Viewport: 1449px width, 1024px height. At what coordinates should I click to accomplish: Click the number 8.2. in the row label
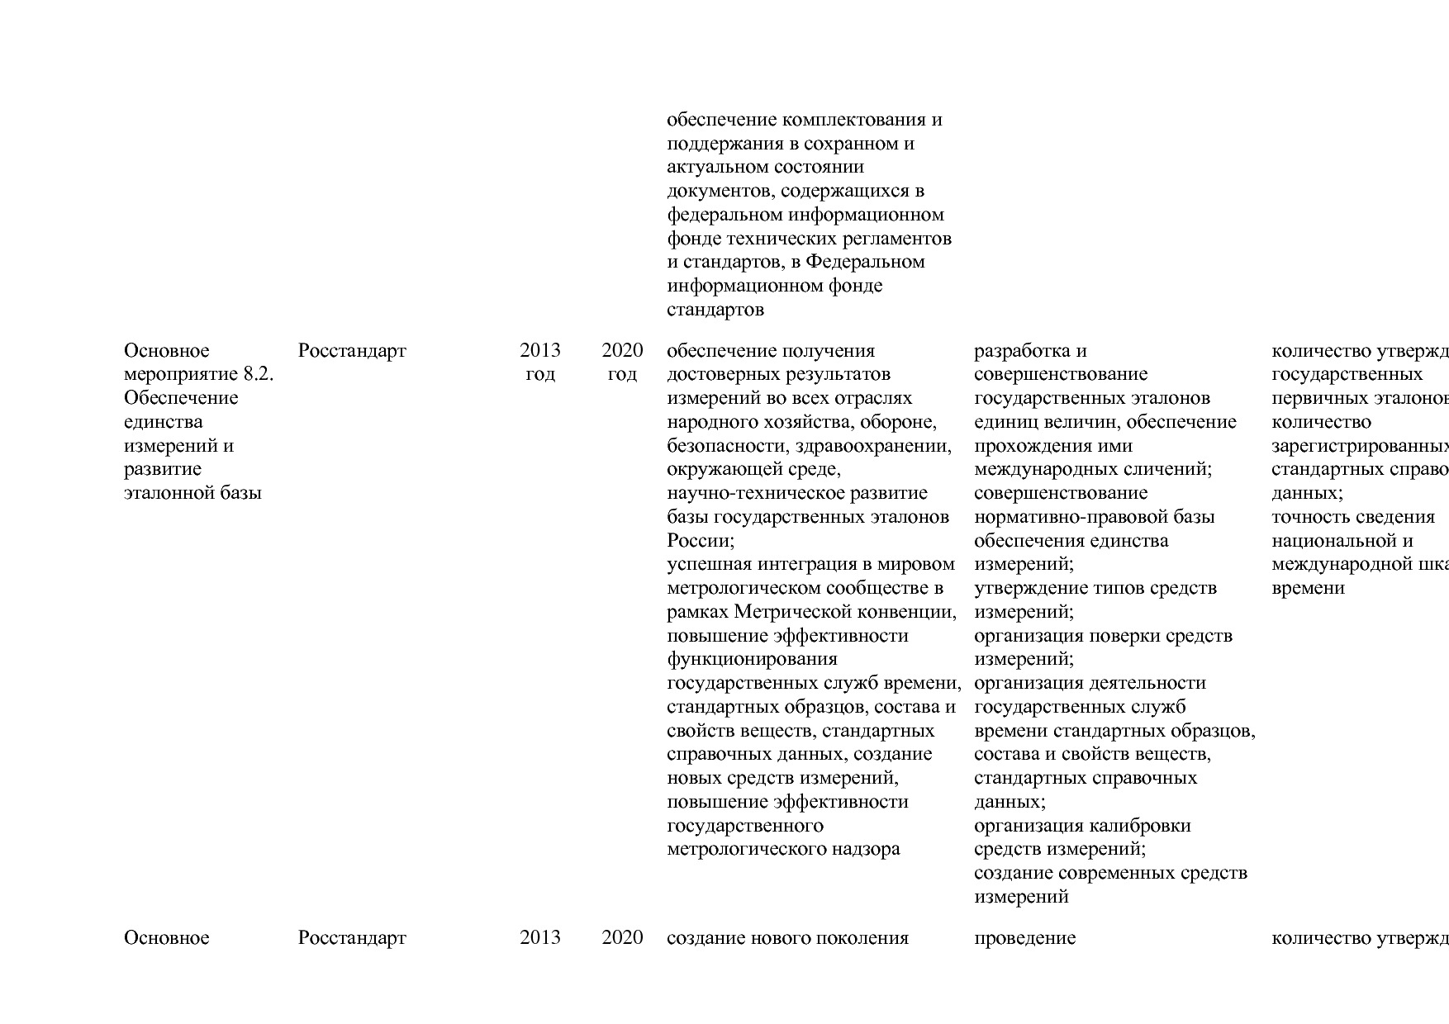[258, 374]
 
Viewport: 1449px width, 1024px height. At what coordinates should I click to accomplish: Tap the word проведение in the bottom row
[1024, 938]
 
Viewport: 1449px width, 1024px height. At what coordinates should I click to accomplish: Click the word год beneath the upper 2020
[622, 374]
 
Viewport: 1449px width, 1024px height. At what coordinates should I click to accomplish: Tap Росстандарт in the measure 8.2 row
[352, 351]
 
